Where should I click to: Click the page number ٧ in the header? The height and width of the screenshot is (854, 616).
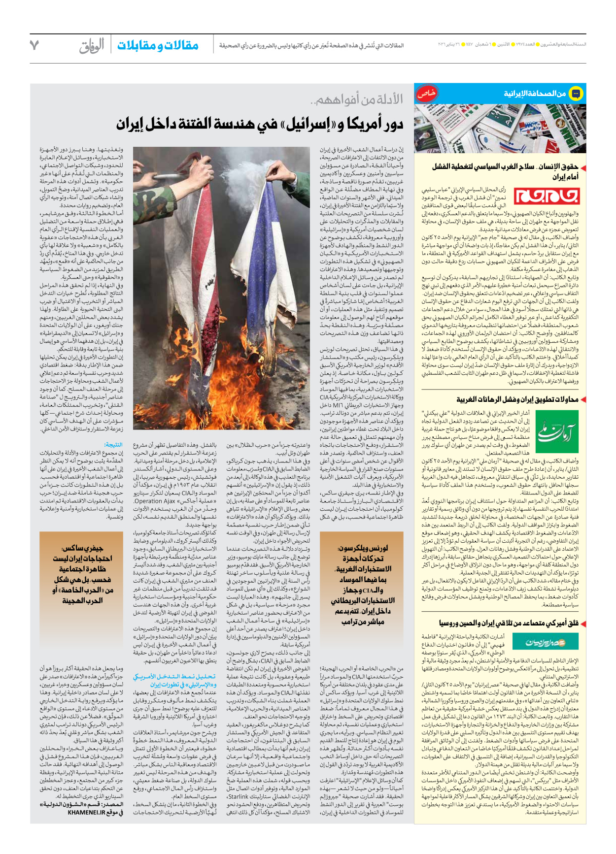(34, 45)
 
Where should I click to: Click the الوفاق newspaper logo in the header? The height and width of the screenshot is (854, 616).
(92, 46)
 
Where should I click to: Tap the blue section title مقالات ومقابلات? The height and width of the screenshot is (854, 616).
(158, 46)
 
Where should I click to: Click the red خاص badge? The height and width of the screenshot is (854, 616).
(427, 94)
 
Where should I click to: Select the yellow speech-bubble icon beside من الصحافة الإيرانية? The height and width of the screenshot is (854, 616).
(575, 94)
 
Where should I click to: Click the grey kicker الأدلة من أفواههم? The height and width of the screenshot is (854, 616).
(357, 100)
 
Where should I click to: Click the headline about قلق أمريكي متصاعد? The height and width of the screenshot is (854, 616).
(509, 624)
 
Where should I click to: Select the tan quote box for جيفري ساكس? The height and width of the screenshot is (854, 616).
(82, 574)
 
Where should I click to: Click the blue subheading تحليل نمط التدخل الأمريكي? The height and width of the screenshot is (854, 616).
(174, 680)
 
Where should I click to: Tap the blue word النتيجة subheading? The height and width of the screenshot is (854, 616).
(113, 445)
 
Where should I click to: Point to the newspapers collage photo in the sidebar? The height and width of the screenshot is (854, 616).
(500, 128)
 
